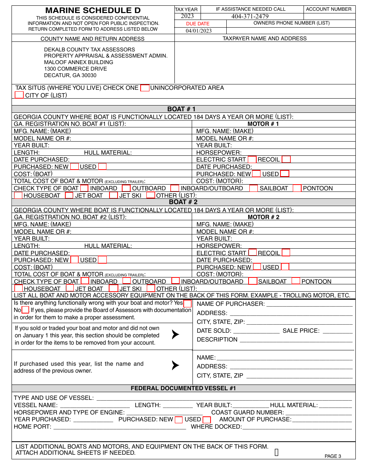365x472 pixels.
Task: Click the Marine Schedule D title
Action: point(93,10)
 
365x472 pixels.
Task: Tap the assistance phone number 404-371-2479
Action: point(250,16)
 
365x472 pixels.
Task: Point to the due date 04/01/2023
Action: point(199,31)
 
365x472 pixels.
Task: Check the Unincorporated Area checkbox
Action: point(144,88)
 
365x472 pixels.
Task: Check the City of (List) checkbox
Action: point(19,95)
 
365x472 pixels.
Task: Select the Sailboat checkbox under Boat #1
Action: point(254,188)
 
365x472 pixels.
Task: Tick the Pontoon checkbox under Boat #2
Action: point(295,281)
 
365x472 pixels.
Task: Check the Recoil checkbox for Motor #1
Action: point(286,159)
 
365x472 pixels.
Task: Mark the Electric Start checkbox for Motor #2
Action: point(252,253)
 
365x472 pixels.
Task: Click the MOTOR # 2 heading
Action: point(264,217)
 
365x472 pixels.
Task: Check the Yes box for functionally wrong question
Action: point(187,303)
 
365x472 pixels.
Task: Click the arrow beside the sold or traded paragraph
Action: point(175,335)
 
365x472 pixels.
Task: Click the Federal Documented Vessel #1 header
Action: point(183,388)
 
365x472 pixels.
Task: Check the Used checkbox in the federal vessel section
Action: point(207,420)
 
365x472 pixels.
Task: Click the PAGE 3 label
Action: point(333,456)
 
